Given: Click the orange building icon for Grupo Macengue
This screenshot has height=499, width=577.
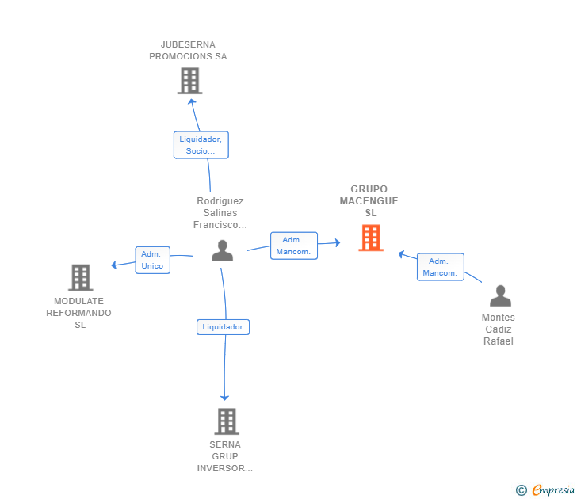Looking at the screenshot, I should pos(370,238).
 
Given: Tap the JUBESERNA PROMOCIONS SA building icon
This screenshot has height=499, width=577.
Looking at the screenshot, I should pos(189,81).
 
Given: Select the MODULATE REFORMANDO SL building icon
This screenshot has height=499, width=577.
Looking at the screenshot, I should pos(80,277).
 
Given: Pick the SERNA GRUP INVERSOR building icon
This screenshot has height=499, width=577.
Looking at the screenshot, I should pos(227,421).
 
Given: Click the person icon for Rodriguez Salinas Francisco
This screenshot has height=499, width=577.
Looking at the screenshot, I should pos(223,250).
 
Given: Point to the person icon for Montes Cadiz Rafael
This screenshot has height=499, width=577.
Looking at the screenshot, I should pos(500,295).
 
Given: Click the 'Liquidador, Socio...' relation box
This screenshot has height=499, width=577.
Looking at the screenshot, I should pos(201,145).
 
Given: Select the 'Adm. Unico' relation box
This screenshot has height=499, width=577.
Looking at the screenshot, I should pos(152,260).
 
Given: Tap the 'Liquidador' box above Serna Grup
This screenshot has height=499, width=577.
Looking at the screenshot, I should pos(223,326).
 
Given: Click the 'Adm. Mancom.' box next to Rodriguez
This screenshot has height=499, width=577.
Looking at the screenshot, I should pos(293,246).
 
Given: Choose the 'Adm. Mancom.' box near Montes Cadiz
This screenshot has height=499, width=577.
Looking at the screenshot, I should pos(440,267).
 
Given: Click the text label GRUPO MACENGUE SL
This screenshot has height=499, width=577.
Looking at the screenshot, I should pos(369,201).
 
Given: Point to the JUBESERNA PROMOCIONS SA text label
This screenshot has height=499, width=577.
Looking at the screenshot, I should pos(188,51).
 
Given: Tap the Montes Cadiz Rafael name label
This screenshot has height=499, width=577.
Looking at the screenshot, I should pos(499,329).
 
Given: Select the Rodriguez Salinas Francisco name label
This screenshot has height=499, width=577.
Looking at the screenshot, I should pos(220,213).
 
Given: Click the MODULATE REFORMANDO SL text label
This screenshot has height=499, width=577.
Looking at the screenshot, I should pos(79,313).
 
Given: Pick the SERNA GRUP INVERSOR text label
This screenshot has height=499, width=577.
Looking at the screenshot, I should pos(225,456).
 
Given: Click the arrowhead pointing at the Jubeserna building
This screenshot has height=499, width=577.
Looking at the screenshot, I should pos(192,101).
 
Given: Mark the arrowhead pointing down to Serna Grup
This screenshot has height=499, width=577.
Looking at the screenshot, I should pos(225,397).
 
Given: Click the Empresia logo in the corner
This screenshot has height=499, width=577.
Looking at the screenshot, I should pos(546,490).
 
